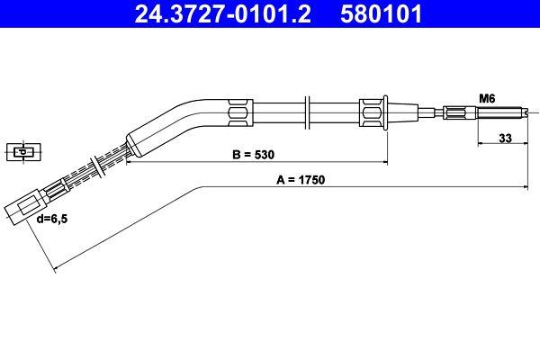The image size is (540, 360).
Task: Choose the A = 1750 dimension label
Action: click(301, 179)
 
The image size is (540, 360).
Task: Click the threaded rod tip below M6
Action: click(504, 112)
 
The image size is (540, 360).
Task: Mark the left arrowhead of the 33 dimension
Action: click(477, 146)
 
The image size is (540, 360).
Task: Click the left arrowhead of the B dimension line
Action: click(129, 163)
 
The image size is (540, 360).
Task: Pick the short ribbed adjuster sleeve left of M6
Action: click(454, 112)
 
